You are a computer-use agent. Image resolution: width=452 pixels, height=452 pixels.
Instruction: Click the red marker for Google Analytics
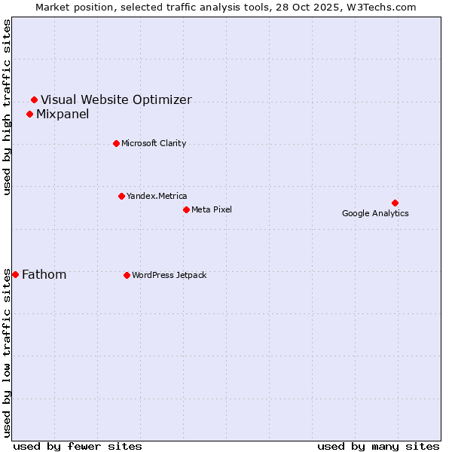click(x=395, y=203)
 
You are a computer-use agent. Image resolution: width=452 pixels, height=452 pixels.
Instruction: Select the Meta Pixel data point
click(x=186, y=209)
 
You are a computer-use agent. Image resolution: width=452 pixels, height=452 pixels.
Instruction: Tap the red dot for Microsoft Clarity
click(x=116, y=143)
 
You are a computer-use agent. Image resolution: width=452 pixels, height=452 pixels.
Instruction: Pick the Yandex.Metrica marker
click(x=121, y=196)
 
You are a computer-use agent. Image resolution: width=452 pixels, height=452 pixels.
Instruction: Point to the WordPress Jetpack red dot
click(x=127, y=275)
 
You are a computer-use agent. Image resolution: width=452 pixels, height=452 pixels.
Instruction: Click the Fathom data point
click(x=15, y=274)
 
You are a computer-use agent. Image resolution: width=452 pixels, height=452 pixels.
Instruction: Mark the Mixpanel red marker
click(x=29, y=114)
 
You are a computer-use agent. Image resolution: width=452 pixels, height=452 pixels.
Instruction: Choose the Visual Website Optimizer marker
click(x=34, y=99)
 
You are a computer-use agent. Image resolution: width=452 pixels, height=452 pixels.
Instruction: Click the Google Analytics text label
click(x=375, y=213)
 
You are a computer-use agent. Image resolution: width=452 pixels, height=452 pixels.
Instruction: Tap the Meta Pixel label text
click(x=212, y=209)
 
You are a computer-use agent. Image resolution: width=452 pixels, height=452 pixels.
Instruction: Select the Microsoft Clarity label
click(x=154, y=143)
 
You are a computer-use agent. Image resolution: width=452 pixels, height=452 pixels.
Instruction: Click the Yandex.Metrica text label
click(x=157, y=196)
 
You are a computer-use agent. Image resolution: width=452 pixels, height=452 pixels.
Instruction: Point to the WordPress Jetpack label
click(x=169, y=275)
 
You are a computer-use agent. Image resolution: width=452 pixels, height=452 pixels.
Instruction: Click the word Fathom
click(x=44, y=274)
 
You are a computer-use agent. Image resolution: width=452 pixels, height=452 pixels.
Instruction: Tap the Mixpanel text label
click(x=63, y=114)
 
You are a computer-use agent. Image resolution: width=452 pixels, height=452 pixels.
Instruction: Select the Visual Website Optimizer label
click(x=116, y=99)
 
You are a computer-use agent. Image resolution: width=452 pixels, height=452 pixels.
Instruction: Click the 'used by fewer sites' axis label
click(x=78, y=446)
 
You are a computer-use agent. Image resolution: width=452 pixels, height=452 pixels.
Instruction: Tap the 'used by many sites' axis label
click(x=378, y=446)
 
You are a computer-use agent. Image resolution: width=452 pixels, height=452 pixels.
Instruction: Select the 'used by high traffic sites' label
click(x=8, y=107)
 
